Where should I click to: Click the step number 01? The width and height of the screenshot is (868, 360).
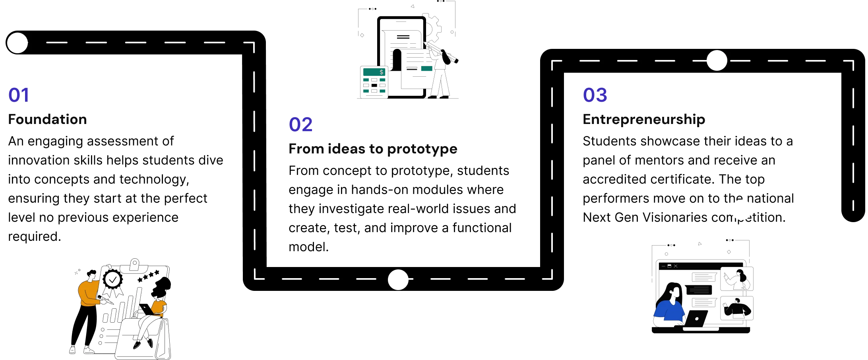(x=19, y=95)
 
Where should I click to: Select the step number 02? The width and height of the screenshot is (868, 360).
(x=300, y=124)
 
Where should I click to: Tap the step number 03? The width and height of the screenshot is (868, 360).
(x=595, y=95)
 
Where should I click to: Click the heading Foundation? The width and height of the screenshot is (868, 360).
(x=47, y=119)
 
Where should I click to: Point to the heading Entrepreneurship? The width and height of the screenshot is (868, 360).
(x=644, y=120)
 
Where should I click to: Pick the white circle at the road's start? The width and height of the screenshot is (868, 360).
(x=17, y=43)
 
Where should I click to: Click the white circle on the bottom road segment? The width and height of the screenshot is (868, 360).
(x=398, y=279)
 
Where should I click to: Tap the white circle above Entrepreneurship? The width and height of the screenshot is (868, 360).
(x=717, y=60)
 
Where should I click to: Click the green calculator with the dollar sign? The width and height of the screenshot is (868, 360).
(x=374, y=82)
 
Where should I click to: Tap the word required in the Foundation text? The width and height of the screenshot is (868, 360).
(x=35, y=237)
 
